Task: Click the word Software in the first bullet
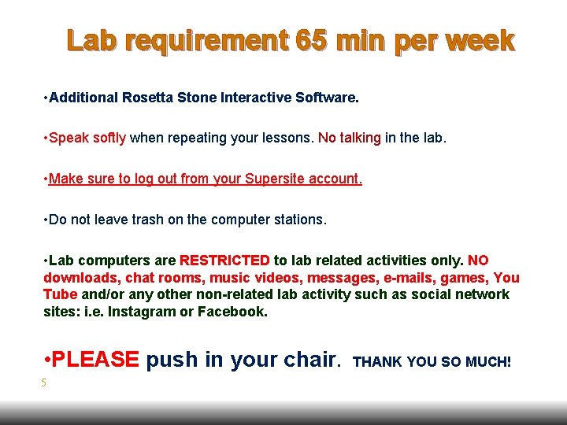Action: click(325, 98)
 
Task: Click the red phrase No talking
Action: click(350, 139)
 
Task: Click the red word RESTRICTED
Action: click(225, 261)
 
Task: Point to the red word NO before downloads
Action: click(478, 261)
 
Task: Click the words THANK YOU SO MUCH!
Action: click(432, 362)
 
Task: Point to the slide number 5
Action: click(44, 383)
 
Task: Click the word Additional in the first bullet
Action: click(83, 98)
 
